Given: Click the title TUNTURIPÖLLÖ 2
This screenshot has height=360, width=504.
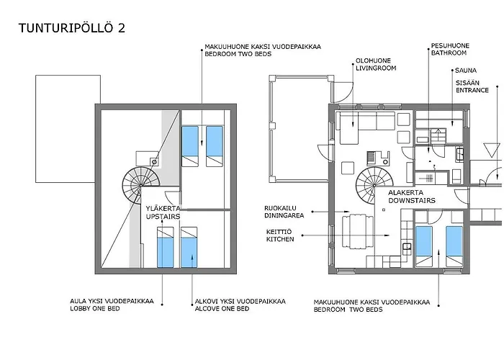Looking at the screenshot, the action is point(72,28).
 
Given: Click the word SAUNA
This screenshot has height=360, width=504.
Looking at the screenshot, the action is point(466,71).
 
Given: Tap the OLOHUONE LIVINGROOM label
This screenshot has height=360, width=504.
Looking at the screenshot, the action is point(376,64).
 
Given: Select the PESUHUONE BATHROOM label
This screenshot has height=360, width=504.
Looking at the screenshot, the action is point(450,49).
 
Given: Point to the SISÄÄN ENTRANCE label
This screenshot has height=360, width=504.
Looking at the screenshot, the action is point(472,87).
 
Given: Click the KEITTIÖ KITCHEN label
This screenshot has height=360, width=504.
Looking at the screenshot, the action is point(280,235).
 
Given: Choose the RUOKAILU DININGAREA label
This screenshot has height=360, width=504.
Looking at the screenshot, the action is point(284,212).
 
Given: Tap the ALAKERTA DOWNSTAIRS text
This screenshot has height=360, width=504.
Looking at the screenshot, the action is point(412,197).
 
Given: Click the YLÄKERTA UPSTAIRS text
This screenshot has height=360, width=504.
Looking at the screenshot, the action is point(163,212).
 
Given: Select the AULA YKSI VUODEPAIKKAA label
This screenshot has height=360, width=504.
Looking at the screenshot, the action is point(112,301).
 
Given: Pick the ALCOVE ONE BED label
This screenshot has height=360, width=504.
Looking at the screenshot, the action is point(222,309).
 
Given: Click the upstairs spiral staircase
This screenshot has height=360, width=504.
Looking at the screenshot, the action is point(141,186).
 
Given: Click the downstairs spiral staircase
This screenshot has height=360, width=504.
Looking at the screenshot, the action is point(374,186).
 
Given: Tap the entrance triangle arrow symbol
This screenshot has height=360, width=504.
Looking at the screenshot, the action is point(492,150).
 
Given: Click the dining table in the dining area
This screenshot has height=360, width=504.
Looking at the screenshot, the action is point(357,232).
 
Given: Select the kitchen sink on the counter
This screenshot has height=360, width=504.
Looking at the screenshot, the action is point(407,246).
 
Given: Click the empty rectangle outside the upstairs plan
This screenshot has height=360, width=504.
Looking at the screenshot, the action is point(68,129).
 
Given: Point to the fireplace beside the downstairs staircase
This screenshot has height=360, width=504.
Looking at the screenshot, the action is point(378,158).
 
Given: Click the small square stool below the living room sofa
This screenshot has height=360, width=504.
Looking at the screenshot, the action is point(348,168).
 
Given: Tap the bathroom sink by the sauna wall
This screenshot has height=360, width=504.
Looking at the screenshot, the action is point(459,153).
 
